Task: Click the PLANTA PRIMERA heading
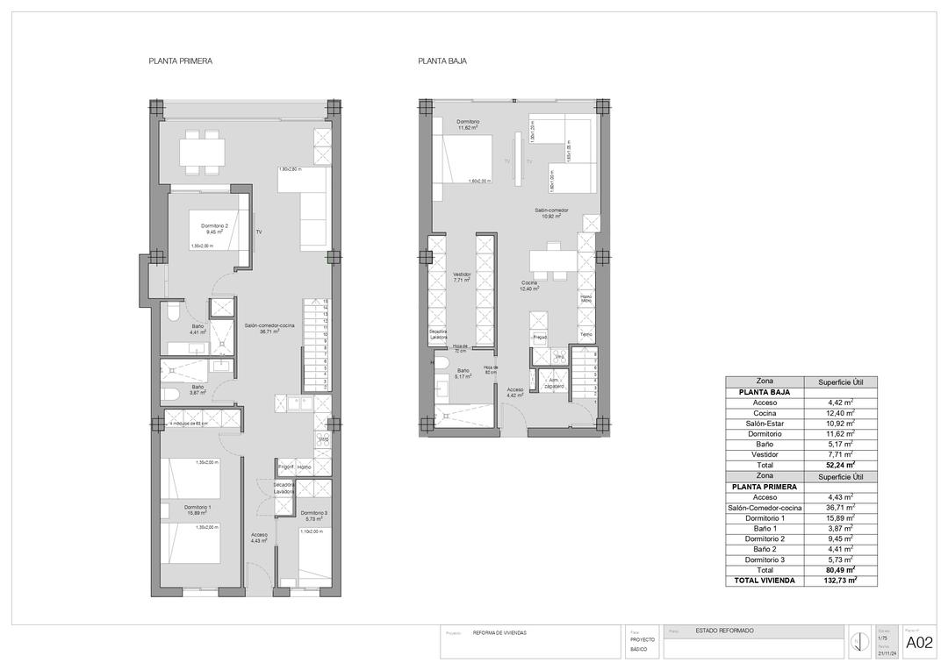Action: pos(181,61)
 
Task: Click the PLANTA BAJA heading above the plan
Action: pos(442,61)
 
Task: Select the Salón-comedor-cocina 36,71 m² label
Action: pos(269,328)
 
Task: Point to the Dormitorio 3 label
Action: pos(313,516)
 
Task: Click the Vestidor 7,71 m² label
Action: pos(462,278)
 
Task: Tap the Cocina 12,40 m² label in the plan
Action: pos(529,285)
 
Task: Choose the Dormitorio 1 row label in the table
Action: pos(765,517)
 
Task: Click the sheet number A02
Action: pos(919,643)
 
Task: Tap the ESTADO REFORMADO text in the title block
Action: pos(724,631)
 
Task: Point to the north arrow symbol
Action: pos(856,644)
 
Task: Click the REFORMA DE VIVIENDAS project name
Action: pos(500,632)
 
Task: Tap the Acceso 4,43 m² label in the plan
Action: pos(259,538)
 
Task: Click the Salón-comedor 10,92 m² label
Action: pos(552,213)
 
